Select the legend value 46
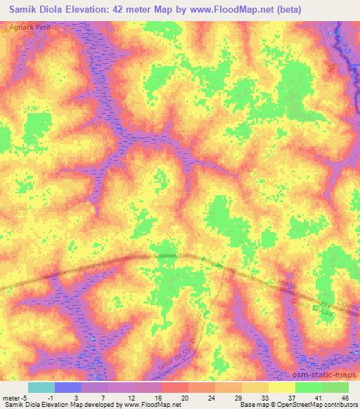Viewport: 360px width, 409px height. pyautogui.click(x=345, y=397)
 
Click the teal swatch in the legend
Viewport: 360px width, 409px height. pyautogui.click(x=41, y=387)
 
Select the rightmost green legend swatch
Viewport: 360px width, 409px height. pyautogui.click(x=335, y=387)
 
